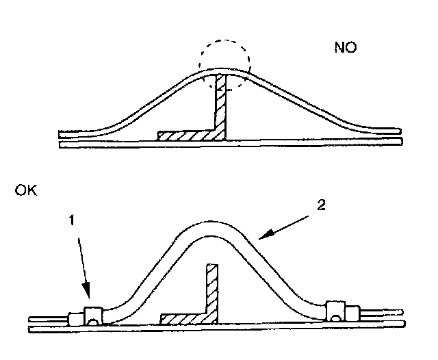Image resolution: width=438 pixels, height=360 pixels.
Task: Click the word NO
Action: (346, 48)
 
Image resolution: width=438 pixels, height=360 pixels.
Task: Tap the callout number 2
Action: (322, 205)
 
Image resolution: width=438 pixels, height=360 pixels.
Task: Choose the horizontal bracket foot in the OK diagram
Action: (185, 319)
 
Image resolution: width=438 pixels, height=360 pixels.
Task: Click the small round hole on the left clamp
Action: (94, 318)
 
